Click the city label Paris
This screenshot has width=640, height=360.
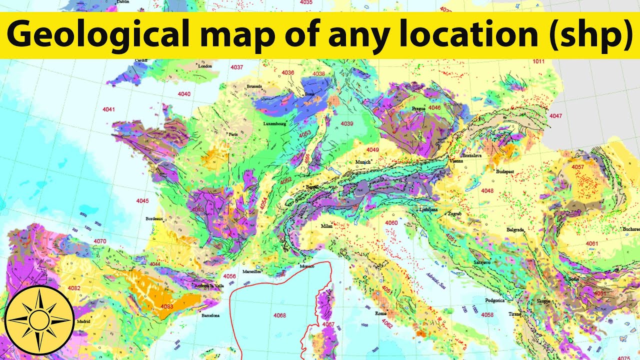coord(233,134)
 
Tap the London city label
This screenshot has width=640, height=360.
coord(205,66)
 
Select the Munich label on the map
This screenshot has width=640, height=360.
coord(363,162)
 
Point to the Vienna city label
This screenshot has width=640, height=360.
coord(456,161)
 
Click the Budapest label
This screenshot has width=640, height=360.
coord(505,171)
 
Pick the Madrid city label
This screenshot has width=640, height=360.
coord(82,321)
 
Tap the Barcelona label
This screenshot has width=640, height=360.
coord(210,316)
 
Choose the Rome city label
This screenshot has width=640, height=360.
coord(381,313)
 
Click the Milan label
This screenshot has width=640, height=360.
coord(326,226)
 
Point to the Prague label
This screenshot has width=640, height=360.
coord(418,108)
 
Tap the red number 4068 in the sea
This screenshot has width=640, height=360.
coord(280,315)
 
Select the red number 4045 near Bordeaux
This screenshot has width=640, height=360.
coord(142,201)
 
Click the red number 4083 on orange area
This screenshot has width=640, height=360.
coord(166,306)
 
